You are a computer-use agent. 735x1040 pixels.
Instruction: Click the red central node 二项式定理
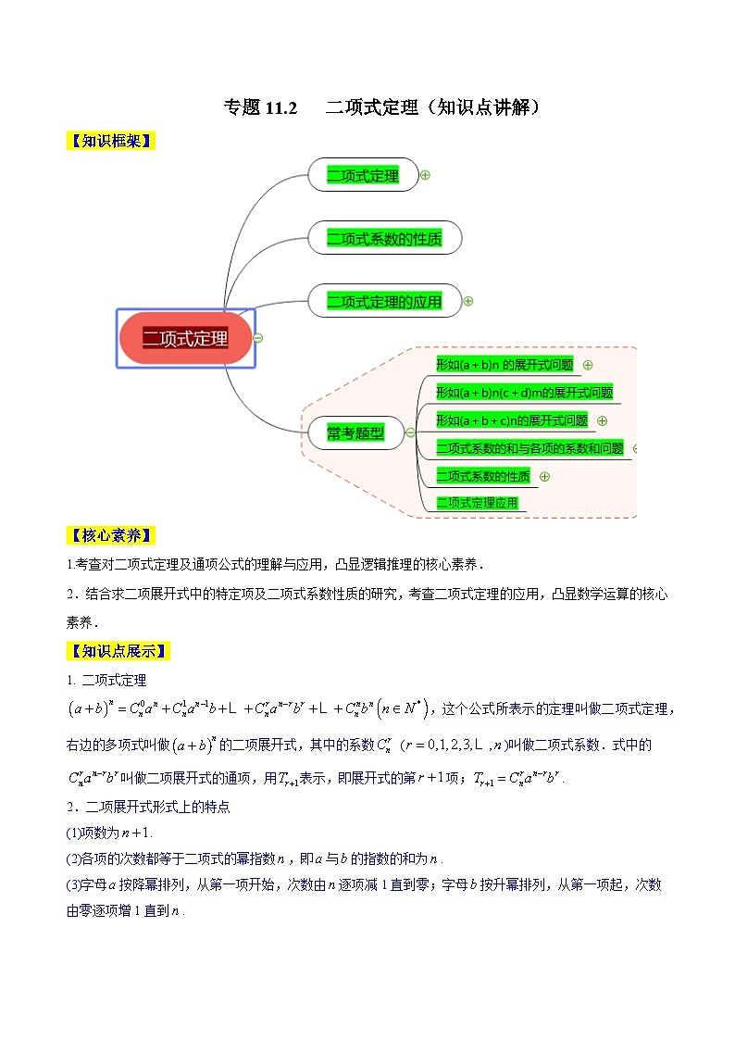click(x=185, y=338)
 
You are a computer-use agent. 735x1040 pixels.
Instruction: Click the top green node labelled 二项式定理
click(x=362, y=175)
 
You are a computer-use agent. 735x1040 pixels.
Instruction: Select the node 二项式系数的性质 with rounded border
click(x=384, y=239)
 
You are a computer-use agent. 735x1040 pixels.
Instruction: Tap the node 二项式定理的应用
click(x=384, y=301)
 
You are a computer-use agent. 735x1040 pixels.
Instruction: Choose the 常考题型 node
click(x=355, y=432)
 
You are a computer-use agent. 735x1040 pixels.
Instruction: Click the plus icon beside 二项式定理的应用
click(x=468, y=301)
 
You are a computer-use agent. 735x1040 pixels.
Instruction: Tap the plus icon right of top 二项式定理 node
click(x=425, y=174)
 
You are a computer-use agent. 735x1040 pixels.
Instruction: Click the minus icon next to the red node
click(x=258, y=338)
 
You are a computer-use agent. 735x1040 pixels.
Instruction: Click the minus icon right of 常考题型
click(x=410, y=432)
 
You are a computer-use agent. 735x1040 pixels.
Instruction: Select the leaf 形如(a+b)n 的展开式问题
click(x=505, y=365)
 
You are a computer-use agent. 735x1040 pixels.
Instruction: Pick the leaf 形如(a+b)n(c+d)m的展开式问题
click(x=524, y=393)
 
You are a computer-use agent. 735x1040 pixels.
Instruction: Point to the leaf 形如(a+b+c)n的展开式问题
click(x=512, y=420)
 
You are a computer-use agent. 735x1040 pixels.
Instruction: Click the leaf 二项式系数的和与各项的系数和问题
click(x=529, y=448)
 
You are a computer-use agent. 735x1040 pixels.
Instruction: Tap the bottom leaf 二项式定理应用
click(x=477, y=503)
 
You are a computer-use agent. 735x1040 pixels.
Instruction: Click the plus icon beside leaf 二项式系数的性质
click(x=544, y=476)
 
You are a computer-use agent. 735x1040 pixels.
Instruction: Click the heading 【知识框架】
click(x=109, y=141)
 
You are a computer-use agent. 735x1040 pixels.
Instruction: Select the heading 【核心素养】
click(x=109, y=536)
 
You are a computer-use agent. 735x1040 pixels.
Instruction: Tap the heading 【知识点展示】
click(x=116, y=651)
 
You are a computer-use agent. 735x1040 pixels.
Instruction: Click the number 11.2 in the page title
click(x=280, y=107)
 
